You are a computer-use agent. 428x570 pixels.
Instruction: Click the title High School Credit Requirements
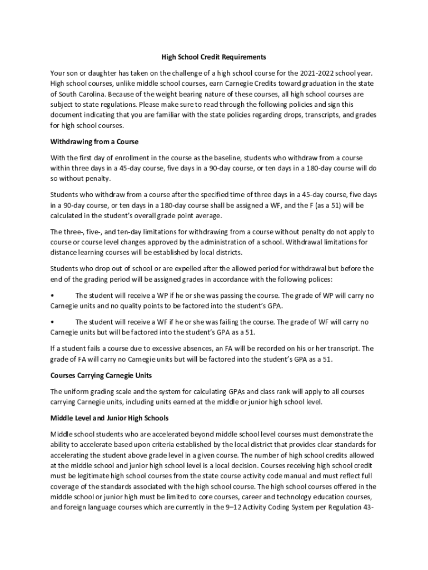(x=213, y=57)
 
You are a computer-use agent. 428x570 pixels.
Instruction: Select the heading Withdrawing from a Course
(x=94, y=141)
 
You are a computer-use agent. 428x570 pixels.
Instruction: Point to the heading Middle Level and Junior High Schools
(x=110, y=417)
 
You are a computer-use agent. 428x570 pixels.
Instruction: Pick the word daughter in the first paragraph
(x=113, y=73)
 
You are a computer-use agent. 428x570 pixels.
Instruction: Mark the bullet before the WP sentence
(x=52, y=296)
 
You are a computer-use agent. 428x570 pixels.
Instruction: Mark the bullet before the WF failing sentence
(x=52, y=322)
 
